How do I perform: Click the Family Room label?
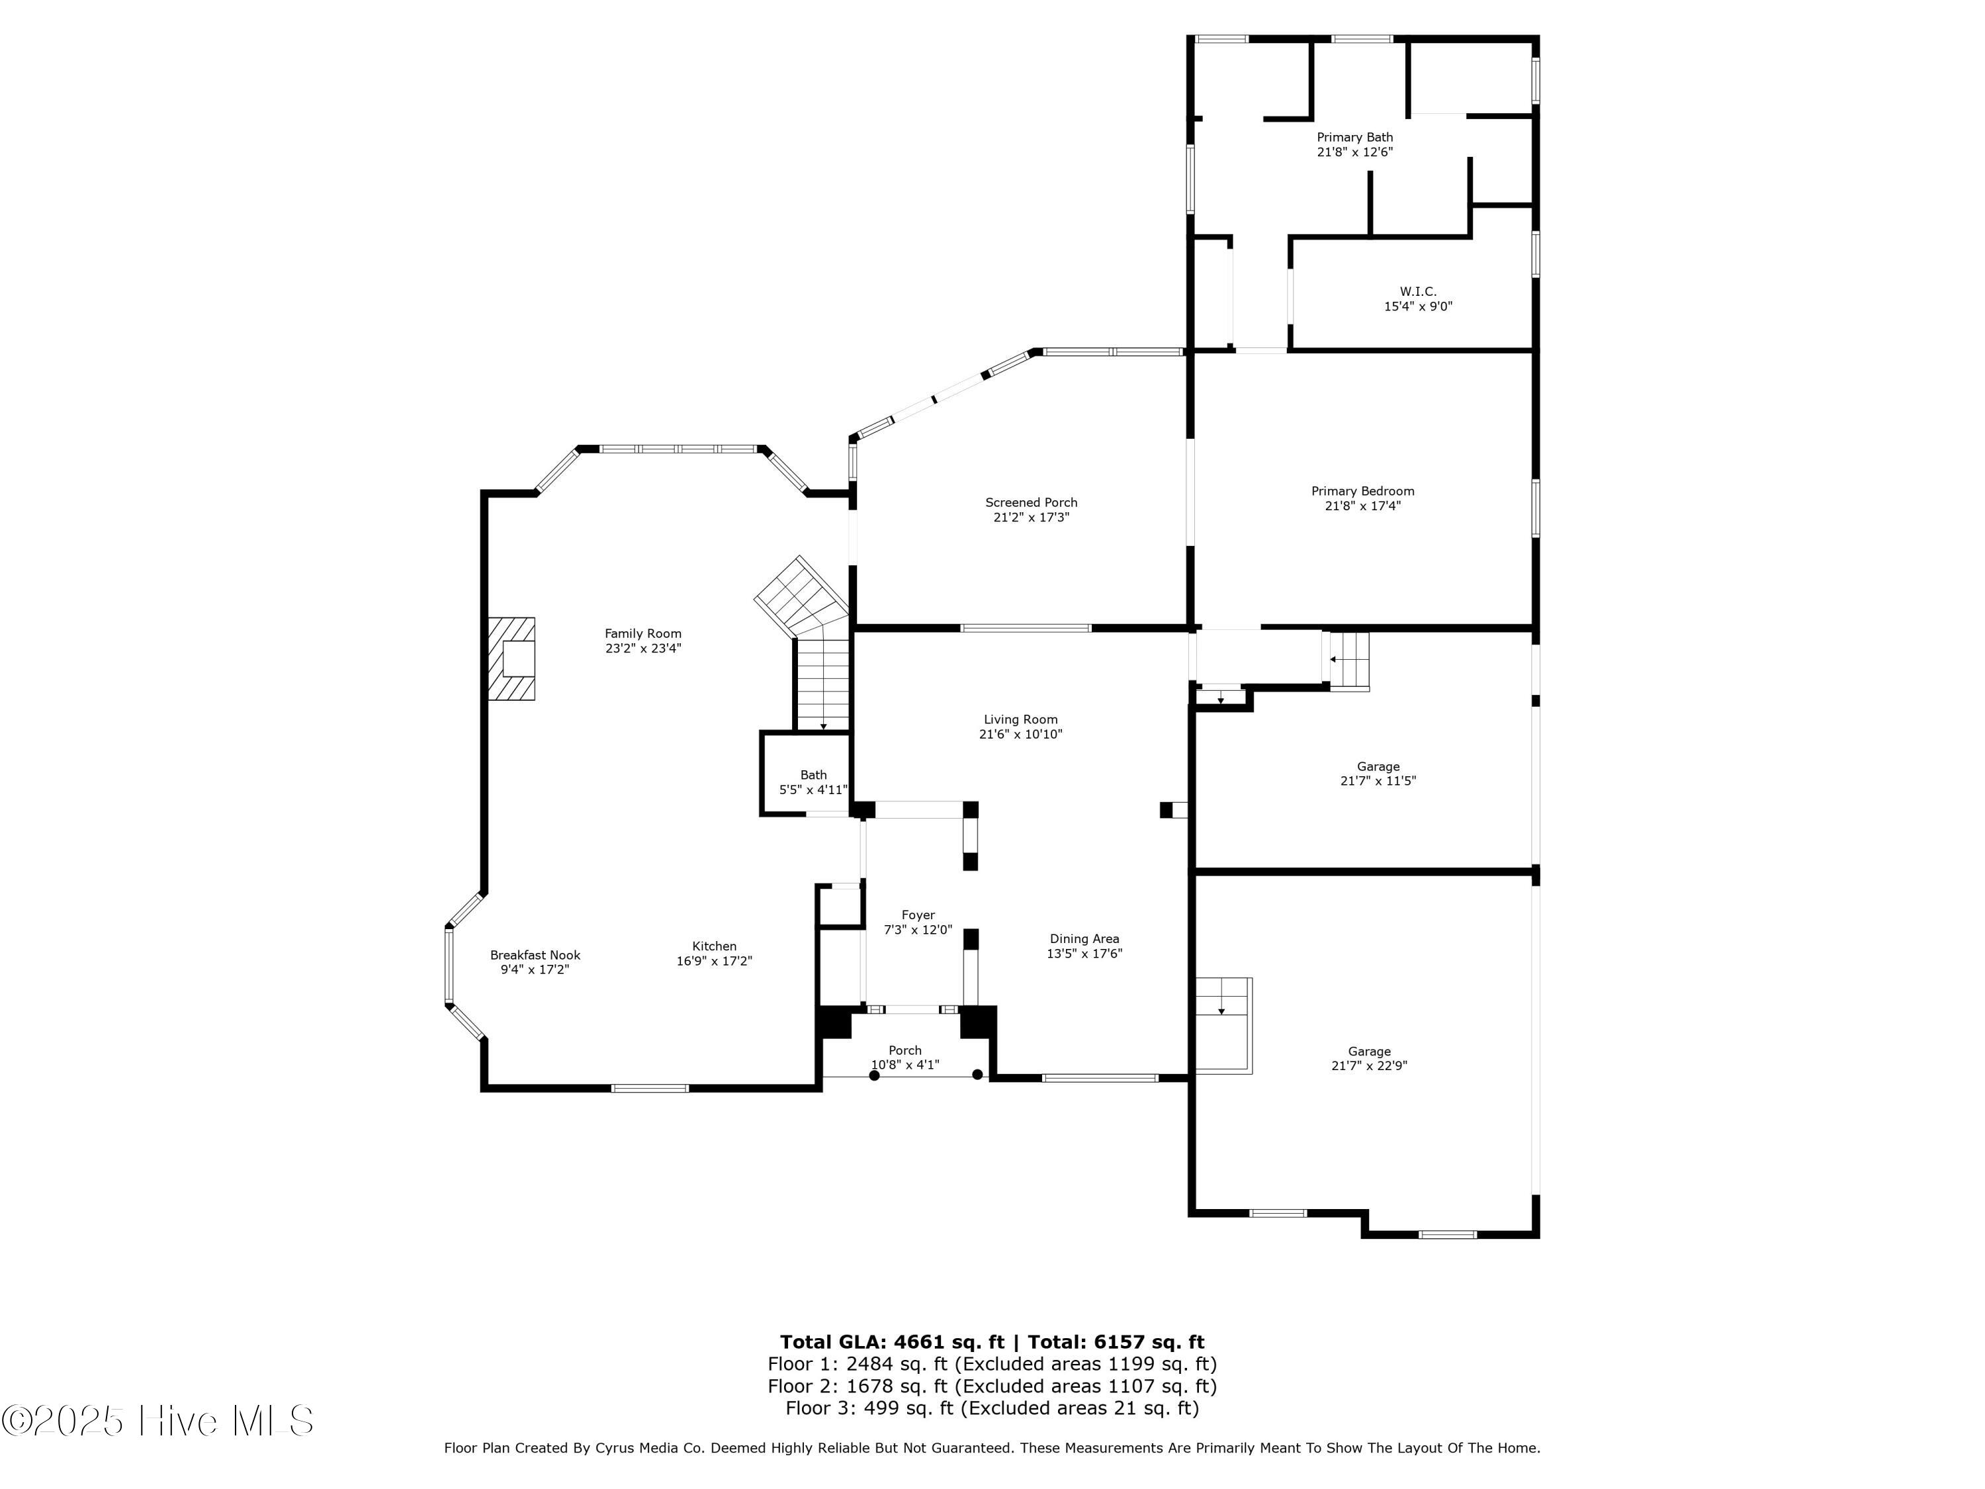coord(642,634)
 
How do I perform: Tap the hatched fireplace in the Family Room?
coord(511,658)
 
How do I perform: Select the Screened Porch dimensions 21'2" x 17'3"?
coord(1031,518)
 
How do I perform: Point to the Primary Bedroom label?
coord(1362,491)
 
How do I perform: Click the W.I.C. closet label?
coord(1418,292)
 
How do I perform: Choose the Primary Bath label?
coord(1354,138)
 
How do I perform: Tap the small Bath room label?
coord(813,774)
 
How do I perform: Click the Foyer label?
coord(918,915)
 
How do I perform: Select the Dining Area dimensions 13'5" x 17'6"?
coord(1084,953)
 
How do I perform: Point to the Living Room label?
coord(1020,719)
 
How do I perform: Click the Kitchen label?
coord(715,946)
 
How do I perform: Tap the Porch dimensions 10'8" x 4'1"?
coord(904,1064)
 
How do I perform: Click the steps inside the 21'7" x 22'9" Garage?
coord(1223,1025)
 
